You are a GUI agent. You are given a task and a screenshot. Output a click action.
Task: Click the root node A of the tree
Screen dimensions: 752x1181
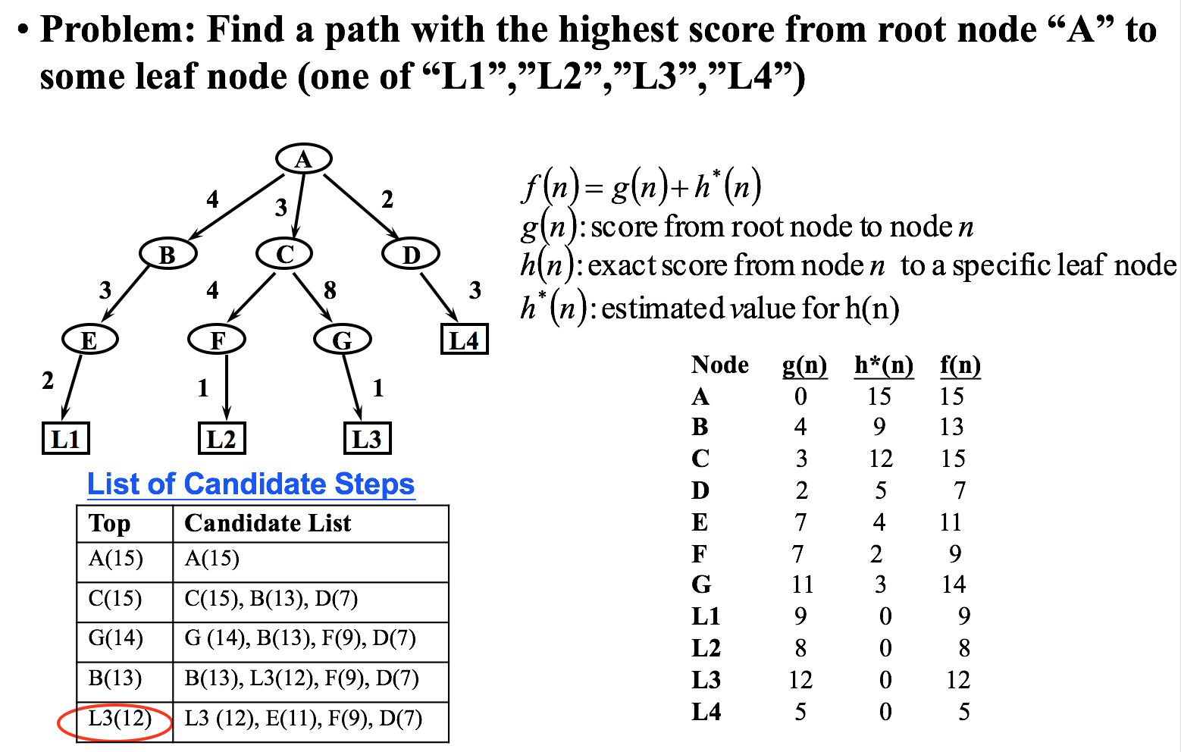pos(303,159)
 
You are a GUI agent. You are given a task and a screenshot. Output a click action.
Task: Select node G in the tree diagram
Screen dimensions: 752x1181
pos(342,340)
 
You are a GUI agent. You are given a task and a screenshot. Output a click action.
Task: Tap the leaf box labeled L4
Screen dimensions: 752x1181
pos(464,340)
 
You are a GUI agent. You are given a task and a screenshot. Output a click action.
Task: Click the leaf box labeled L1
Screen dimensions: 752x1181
pos(66,439)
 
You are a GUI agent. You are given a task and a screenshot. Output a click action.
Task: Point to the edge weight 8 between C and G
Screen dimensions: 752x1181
pos(330,290)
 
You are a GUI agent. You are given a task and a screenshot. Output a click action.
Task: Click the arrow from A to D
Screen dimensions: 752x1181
pos(362,207)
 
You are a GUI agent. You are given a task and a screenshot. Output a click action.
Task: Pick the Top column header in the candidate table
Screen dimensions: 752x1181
pos(110,523)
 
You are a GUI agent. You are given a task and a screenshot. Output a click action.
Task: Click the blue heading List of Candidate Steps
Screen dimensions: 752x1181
pos(251,484)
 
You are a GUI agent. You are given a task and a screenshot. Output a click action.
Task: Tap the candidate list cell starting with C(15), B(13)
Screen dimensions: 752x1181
pos(271,599)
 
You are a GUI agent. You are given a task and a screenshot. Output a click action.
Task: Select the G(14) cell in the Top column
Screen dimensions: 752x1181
pos(116,638)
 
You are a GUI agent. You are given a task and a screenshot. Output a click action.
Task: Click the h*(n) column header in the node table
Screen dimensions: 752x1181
pos(884,365)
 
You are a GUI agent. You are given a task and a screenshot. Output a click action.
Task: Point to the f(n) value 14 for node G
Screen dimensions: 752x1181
pos(954,584)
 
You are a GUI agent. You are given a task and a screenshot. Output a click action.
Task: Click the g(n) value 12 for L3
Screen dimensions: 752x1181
pos(800,680)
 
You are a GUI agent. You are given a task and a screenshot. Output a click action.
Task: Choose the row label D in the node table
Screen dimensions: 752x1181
pos(700,490)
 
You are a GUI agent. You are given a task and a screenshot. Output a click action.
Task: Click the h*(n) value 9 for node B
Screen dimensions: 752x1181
pos(879,427)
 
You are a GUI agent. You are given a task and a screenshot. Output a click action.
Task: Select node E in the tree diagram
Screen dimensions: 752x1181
pos(89,340)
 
